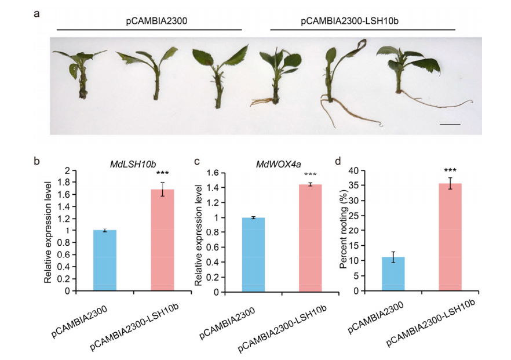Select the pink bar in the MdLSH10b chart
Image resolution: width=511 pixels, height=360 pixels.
coord(162,240)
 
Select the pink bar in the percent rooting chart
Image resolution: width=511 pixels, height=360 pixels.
coord(450,237)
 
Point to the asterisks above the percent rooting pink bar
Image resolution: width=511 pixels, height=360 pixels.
coord(450,171)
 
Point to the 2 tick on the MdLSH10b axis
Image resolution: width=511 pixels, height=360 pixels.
coord(75,170)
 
